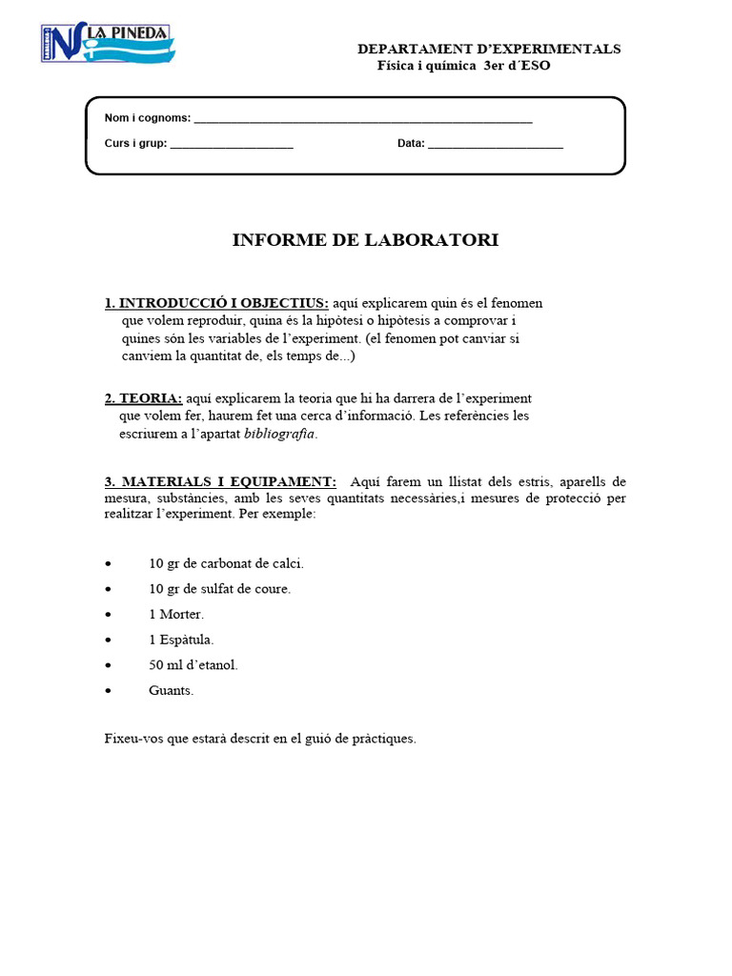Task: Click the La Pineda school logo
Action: pos(107,44)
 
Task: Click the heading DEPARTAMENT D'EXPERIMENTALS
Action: pos(488,49)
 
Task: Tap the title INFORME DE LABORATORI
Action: pos(365,240)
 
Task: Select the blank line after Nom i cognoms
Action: pos(362,119)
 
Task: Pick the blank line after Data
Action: pos(496,145)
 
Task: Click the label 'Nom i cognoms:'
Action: pos(147,118)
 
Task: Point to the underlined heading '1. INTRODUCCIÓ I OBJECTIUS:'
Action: pos(216,303)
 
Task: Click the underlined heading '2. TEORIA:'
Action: pos(143,398)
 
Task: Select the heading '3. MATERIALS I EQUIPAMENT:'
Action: pos(220,481)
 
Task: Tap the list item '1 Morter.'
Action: pos(176,614)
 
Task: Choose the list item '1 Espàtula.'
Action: pos(181,640)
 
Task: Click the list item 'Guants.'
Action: pos(172,690)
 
